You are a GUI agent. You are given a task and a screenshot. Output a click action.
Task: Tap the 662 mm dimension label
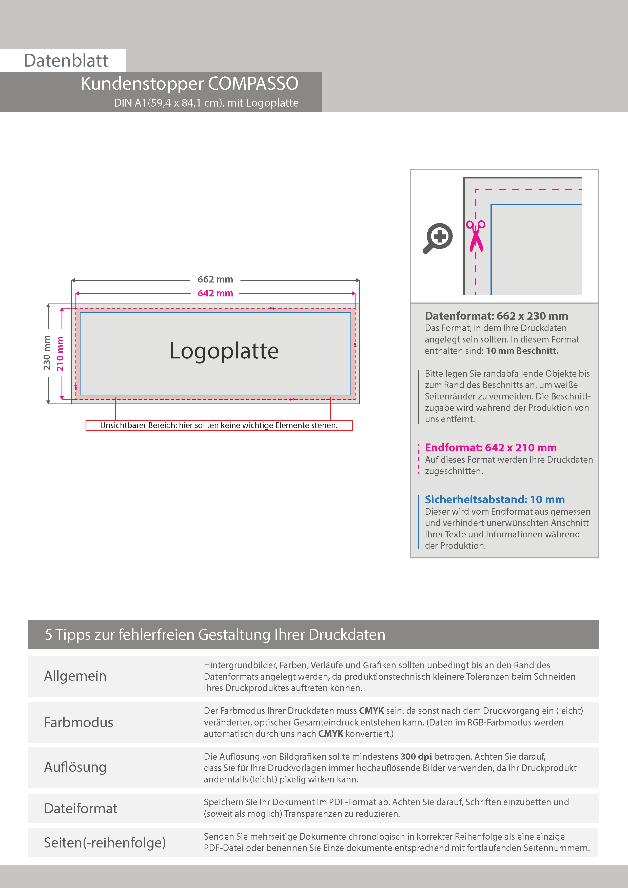(215, 279)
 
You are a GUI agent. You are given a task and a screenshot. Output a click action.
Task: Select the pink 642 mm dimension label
(215, 293)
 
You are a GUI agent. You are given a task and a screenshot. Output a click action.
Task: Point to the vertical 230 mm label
(47, 353)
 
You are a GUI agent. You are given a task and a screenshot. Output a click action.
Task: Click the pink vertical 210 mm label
(60, 353)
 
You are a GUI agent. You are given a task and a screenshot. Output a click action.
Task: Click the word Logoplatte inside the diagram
(224, 351)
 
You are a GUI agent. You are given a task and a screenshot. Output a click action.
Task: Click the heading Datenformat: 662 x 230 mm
(496, 316)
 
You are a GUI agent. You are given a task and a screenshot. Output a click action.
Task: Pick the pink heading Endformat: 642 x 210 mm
(490, 448)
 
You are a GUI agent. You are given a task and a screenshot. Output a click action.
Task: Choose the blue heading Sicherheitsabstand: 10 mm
(495, 499)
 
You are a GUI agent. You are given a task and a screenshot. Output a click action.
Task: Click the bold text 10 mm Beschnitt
(522, 351)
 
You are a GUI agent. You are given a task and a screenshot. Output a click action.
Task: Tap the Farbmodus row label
(78, 722)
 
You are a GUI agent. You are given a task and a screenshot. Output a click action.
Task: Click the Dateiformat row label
(81, 808)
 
